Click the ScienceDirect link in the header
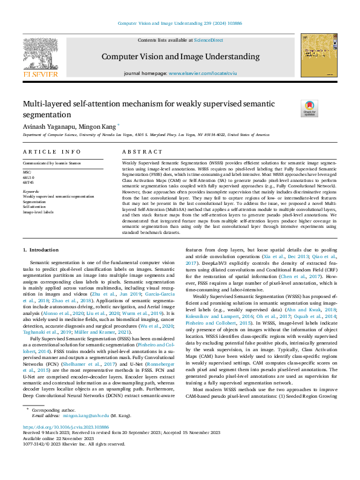click(x=208, y=40)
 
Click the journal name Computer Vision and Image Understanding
click(x=180, y=56)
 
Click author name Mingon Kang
click(x=99, y=126)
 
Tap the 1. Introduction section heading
click(x=41, y=250)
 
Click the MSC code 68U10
click(x=28, y=177)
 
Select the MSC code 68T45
click(x=28, y=182)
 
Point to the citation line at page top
click(x=180, y=24)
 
